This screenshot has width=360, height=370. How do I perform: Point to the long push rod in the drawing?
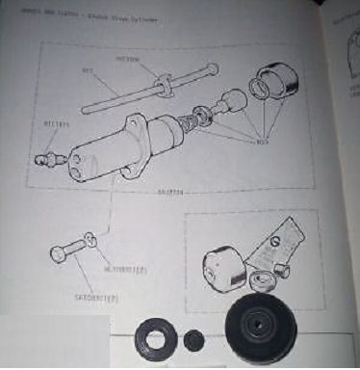click(x=125, y=91)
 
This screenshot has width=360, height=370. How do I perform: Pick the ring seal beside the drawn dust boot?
click(x=258, y=91)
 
